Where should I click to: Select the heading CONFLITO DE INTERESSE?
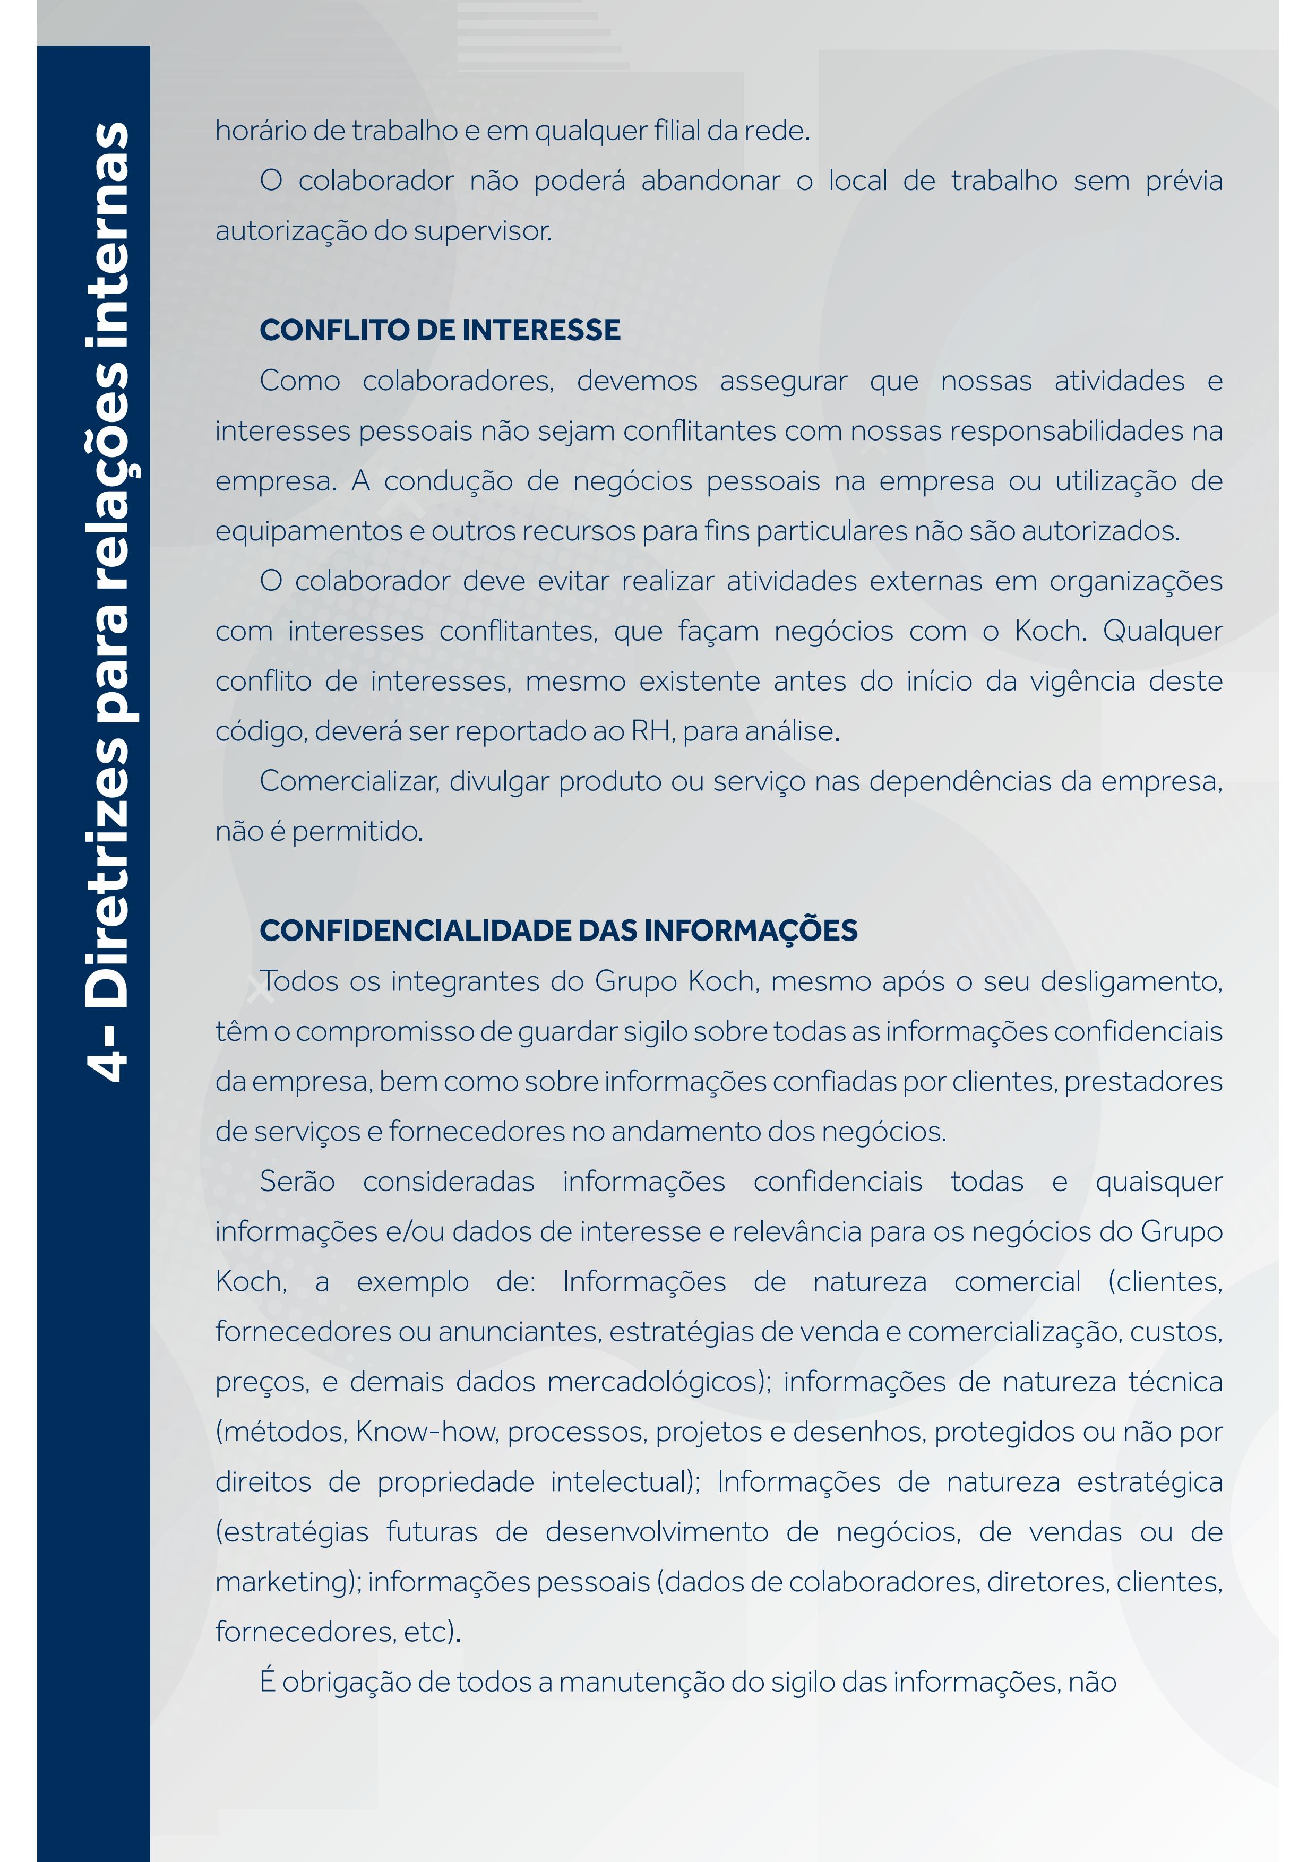pos(440,330)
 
